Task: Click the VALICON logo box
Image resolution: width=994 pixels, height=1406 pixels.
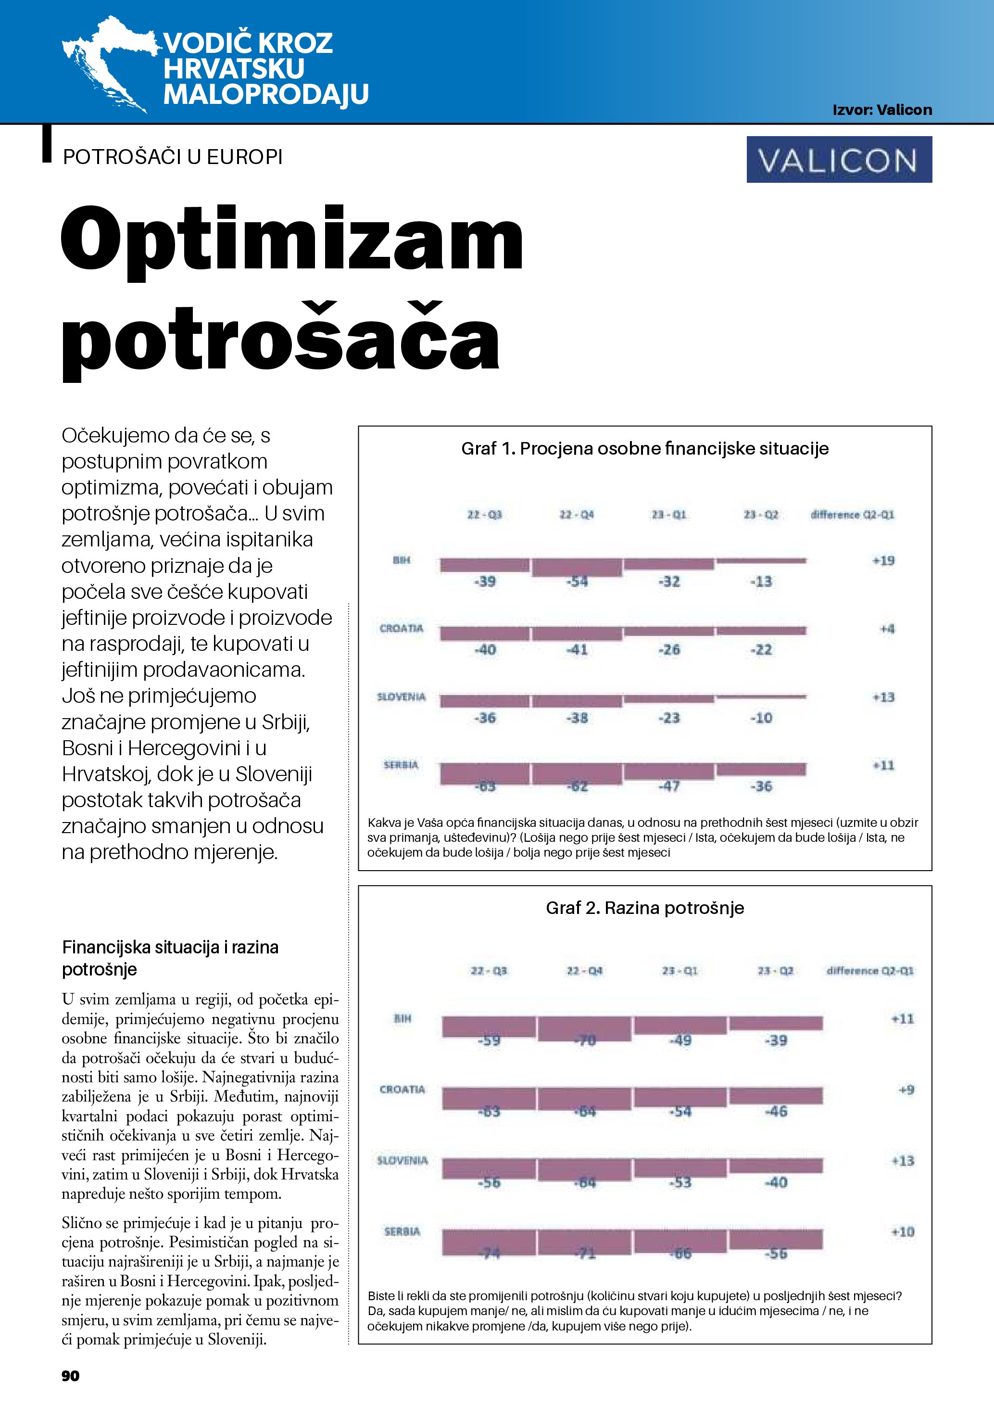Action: point(839,159)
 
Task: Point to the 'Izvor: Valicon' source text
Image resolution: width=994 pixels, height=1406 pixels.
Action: point(882,110)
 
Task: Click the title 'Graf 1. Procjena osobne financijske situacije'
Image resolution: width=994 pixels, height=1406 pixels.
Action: point(644,448)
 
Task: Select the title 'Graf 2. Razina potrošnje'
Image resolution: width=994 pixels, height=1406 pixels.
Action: point(644,908)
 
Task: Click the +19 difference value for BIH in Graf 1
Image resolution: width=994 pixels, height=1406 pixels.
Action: point(883,560)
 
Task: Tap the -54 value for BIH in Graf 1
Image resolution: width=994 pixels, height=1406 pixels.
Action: point(577,581)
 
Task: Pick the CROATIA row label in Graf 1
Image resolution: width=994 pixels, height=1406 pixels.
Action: point(402,628)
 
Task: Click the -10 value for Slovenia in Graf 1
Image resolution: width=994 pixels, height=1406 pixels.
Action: point(761,718)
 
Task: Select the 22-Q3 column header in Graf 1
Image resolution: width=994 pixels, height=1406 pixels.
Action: point(484,515)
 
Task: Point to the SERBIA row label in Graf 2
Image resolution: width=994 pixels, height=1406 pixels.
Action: point(402,1231)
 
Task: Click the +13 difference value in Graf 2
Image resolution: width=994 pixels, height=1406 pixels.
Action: point(903,1160)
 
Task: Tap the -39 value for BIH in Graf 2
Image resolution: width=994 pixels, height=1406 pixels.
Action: point(776,1040)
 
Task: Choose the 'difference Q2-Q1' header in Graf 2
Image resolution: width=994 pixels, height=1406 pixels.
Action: point(870,971)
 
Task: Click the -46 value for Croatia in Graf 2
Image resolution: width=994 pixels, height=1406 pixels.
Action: point(776,1112)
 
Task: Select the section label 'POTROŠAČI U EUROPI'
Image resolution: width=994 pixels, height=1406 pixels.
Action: point(173,157)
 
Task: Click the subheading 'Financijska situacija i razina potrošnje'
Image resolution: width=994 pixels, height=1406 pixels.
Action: point(170,958)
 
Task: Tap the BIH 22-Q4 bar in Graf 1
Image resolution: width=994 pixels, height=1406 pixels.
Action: point(577,567)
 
